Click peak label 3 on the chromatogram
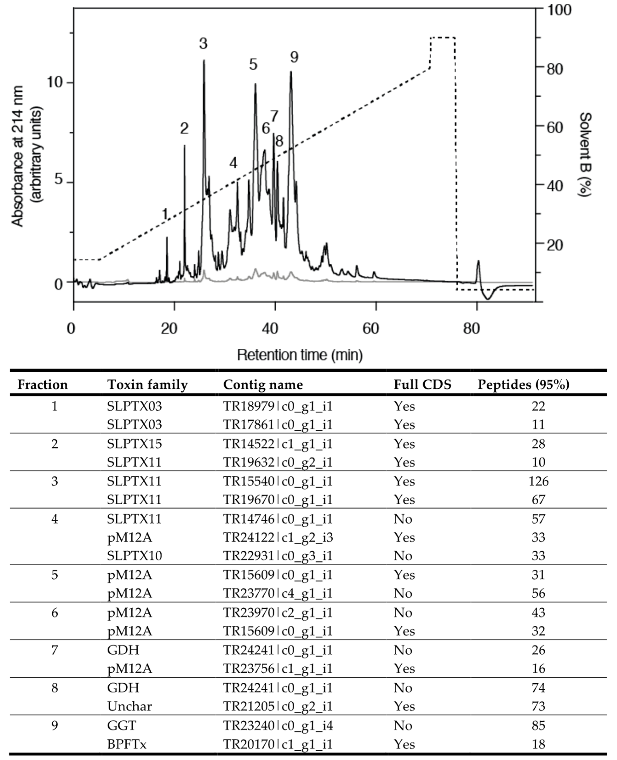(x=203, y=44)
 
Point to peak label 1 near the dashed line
(x=165, y=214)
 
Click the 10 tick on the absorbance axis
(x=54, y=82)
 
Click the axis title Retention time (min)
(x=300, y=355)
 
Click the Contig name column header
(x=263, y=385)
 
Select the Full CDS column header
(x=422, y=385)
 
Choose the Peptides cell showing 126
(x=538, y=481)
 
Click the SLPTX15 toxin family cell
(x=134, y=444)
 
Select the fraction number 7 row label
(x=54, y=650)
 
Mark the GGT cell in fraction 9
(x=122, y=725)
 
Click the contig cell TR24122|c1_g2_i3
(x=278, y=537)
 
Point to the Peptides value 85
(x=538, y=725)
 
